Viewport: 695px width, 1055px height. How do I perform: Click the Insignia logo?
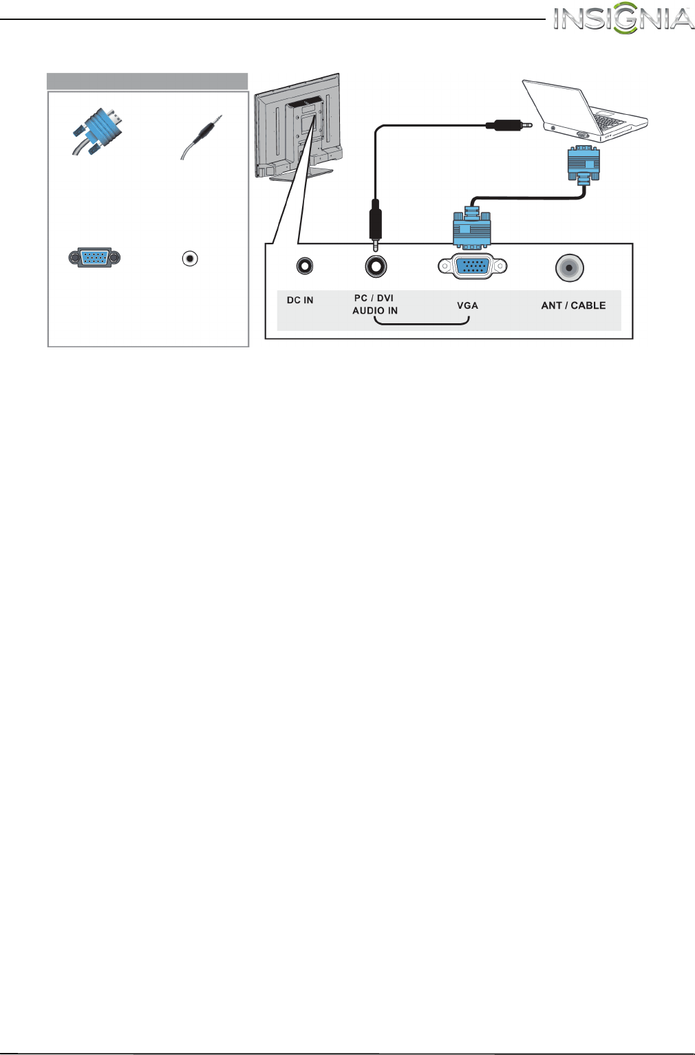(623, 20)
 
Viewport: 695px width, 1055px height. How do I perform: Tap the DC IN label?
(300, 301)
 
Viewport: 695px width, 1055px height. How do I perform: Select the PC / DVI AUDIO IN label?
(375, 304)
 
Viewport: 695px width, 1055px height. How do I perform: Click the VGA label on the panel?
(467, 305)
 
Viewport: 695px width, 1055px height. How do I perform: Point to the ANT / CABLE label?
(573, 305)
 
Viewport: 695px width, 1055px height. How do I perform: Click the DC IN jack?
(304, 266)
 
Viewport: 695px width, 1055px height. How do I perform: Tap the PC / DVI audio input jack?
(376, 266)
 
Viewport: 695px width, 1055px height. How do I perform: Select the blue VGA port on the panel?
(473, 266)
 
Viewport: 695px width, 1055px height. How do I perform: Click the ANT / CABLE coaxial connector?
(569, 268)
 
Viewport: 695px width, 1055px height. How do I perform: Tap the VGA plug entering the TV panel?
(472, 227)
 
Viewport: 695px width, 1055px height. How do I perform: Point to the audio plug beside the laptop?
(509, 125)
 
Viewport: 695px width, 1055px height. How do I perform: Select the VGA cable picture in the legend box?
(96, 133)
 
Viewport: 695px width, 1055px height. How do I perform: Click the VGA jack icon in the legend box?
(95, 258)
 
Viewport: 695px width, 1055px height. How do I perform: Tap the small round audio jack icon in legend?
(190, 259)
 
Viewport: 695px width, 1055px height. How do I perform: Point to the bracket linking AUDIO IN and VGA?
(421, 323)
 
